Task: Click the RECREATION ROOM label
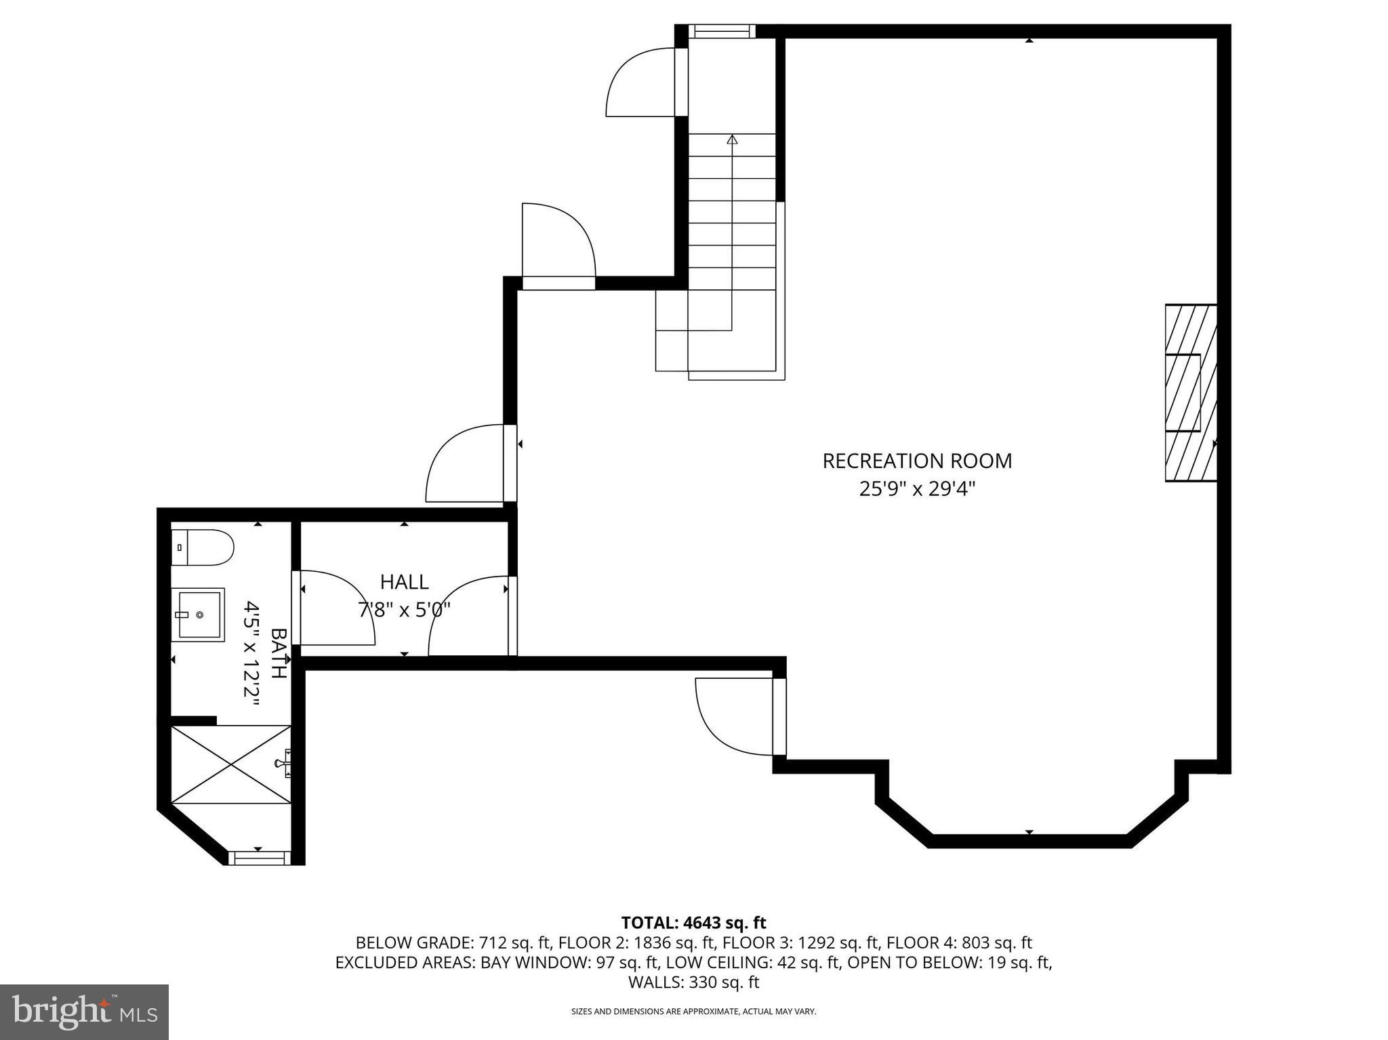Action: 916,461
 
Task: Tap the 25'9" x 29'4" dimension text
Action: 916,488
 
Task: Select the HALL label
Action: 404,582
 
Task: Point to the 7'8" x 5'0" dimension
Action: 404,610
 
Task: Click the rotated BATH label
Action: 279,653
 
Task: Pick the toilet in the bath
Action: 203,547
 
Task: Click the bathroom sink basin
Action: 197,615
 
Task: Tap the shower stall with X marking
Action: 230,764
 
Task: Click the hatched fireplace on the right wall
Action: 1190,393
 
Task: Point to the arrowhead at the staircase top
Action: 731,139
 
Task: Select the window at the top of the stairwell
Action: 722,31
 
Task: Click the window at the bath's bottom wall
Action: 258,858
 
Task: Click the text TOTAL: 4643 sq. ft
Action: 693,922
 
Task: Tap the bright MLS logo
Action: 84,1012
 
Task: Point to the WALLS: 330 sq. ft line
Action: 693,982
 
